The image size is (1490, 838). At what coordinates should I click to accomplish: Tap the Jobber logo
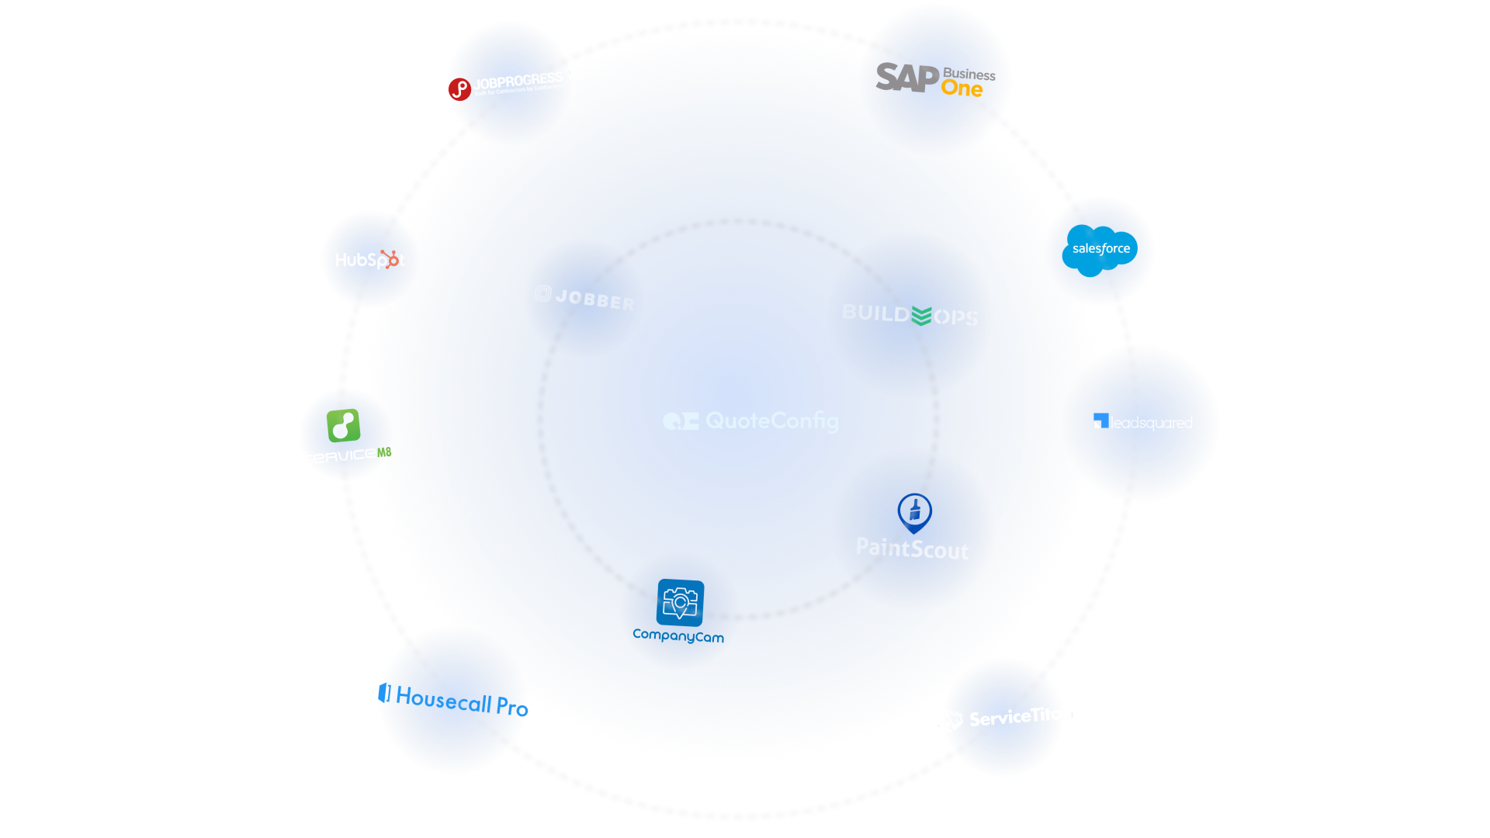click(x=584, y=298)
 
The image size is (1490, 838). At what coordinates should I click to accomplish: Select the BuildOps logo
click(x=910, y=314)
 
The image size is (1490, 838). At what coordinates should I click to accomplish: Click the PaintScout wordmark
click(x=912, y=549)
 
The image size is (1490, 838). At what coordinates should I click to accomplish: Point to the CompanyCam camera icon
click(x=680, y=602)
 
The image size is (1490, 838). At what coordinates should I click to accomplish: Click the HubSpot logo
click(x=370, y=260)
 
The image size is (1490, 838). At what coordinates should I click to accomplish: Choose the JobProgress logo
click(x=508, y=85)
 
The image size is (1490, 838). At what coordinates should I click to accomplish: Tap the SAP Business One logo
click(x=935, y=79)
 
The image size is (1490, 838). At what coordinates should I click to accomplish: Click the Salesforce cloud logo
click(x=1100, y=249)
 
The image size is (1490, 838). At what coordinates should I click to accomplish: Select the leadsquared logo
click(x=1143, y=423)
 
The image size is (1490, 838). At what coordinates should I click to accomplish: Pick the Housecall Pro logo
click(x=454, y=700)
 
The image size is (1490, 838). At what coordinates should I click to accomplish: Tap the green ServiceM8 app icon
click(x=343, y=426)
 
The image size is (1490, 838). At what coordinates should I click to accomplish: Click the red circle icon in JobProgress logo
click(x=459, y=89)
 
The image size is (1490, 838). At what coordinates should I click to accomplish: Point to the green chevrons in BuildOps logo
click(x=922, y=316)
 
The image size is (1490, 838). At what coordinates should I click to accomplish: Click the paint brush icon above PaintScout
click(x=914, y=511)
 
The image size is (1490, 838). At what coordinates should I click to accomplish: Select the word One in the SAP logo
click(x=962, y=89)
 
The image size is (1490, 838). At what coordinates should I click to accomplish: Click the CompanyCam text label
click(x=678, y=636)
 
